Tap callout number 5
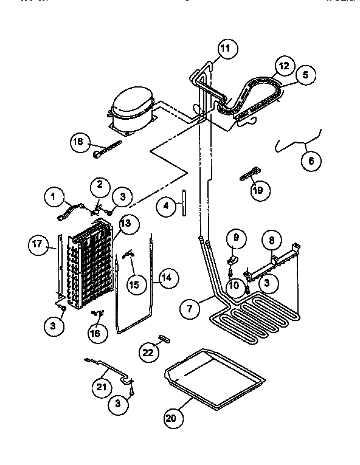coord(305,75)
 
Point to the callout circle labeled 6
coord(311,162)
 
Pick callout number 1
coord(54,196)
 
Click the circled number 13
coord(125,223)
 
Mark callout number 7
coord(190,308)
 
